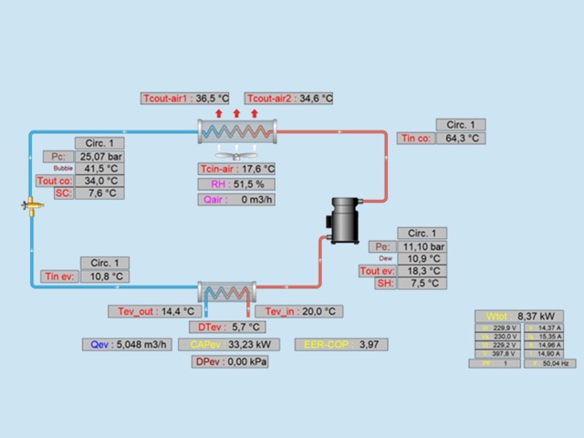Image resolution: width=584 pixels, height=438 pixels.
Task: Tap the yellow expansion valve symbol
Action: point(32,206)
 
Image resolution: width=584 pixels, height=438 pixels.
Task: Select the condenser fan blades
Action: point(236,153)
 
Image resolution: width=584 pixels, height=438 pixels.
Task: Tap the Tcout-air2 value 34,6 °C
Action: point(315,98)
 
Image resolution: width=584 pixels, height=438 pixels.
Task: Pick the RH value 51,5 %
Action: point(252,184)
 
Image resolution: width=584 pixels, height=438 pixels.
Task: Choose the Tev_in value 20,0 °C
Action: point(320,311)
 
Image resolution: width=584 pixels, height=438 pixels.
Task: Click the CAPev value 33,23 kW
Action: point(252,345)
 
